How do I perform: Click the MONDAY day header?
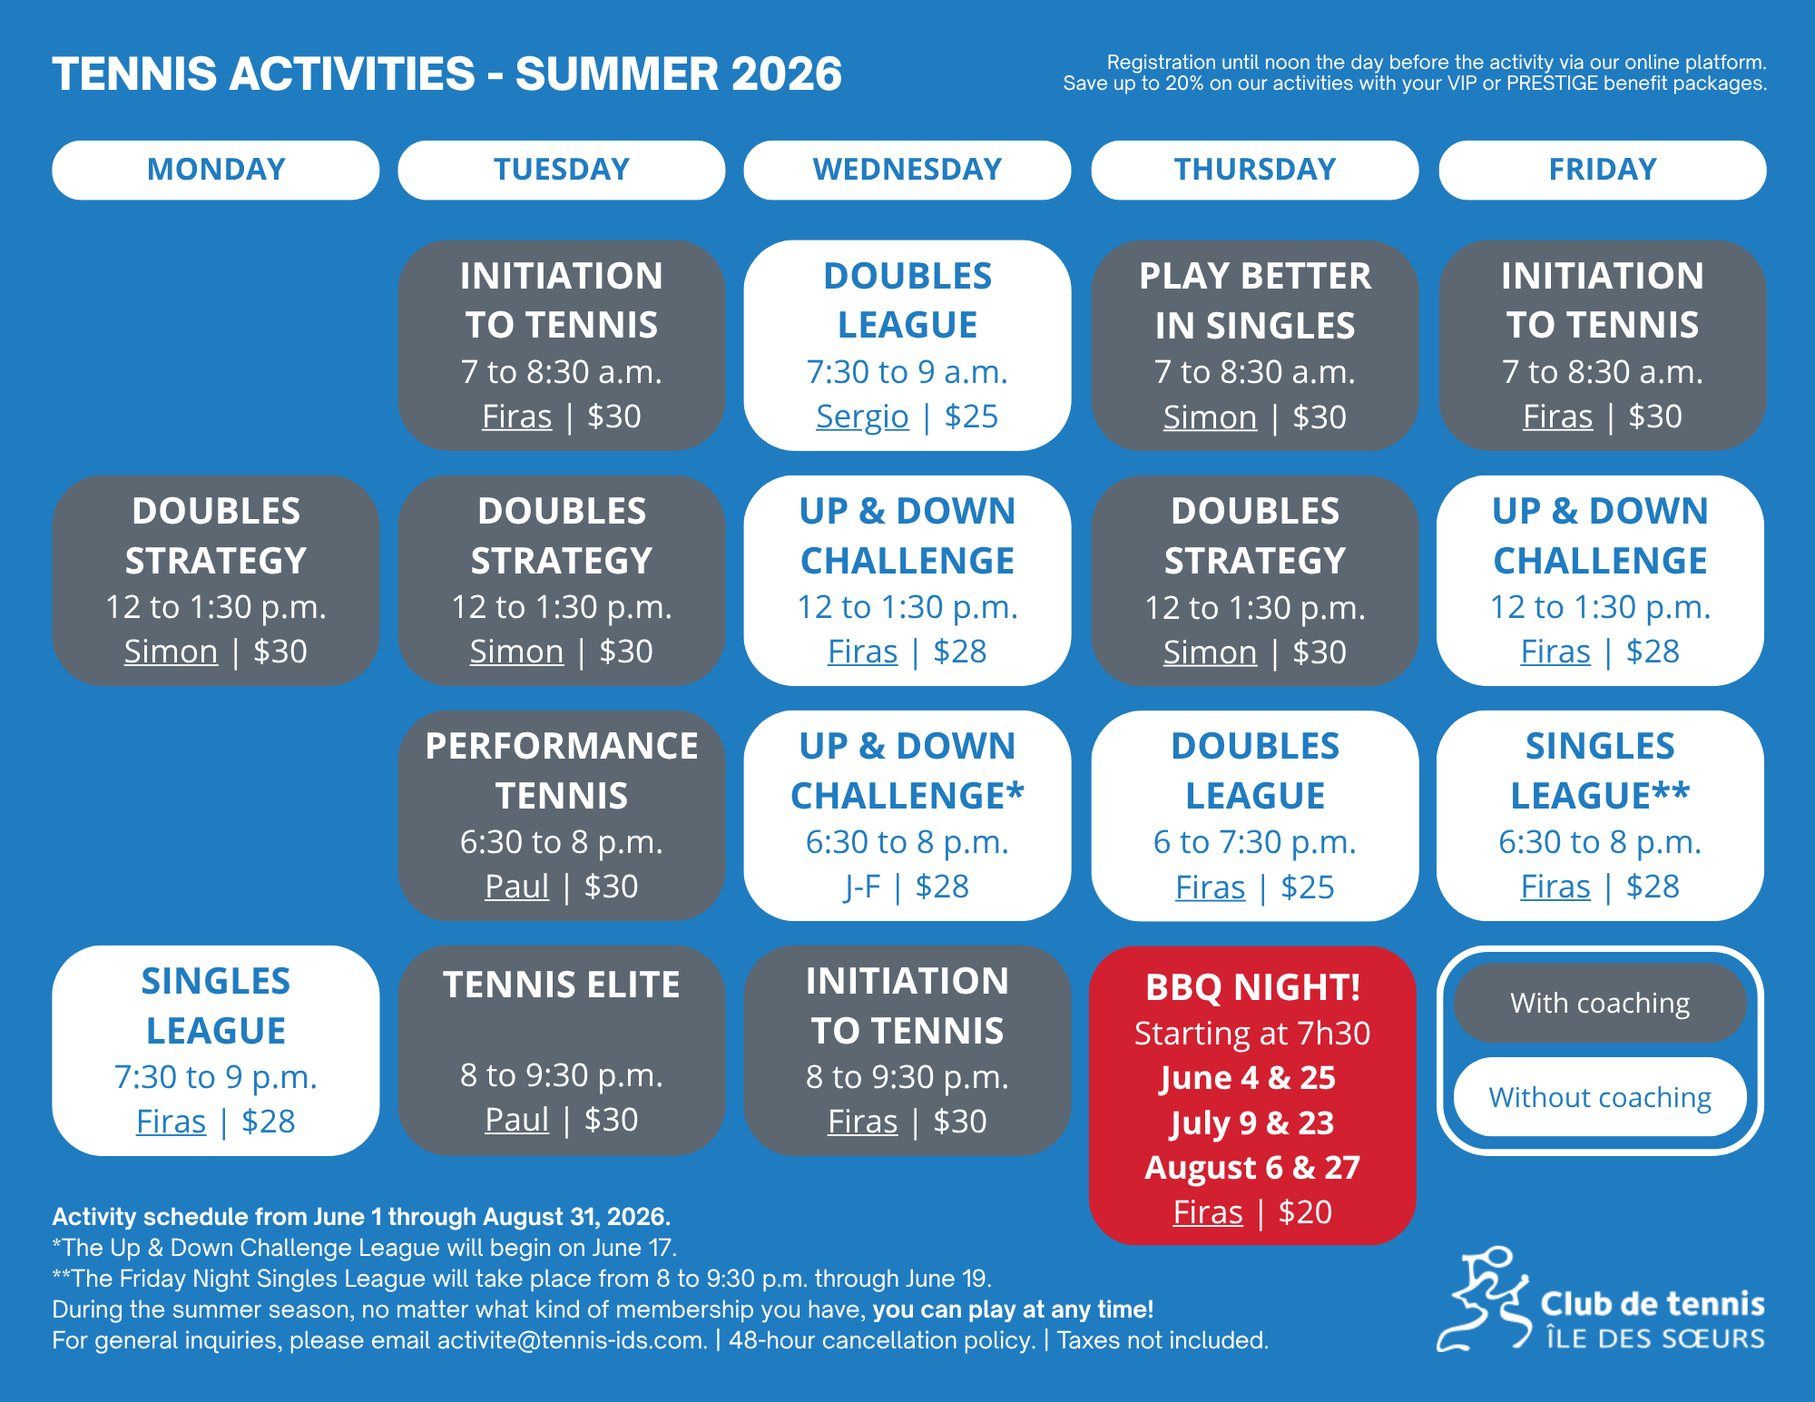point(216,170)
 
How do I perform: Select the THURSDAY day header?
point(1255,170)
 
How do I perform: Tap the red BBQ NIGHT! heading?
point(1253,987)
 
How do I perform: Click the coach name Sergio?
point(862,417)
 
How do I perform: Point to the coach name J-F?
point(862,887)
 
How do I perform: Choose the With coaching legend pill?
point(1600,1003)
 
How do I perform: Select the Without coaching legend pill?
point(1600,1097)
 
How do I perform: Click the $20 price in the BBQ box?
point(1305,1212)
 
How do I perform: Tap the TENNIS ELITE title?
point(562,985)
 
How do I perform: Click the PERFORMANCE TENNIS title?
point(562,770)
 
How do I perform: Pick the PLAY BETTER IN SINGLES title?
point(1255,300)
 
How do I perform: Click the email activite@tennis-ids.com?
point(572,1340)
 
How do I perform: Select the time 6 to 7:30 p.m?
point(1255,842)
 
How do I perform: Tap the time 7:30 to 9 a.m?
point(907,372)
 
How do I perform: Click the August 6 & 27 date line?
point(1252,1168)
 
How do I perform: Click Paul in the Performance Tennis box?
point(516,887)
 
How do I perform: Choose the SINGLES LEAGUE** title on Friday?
point(1600,770)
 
